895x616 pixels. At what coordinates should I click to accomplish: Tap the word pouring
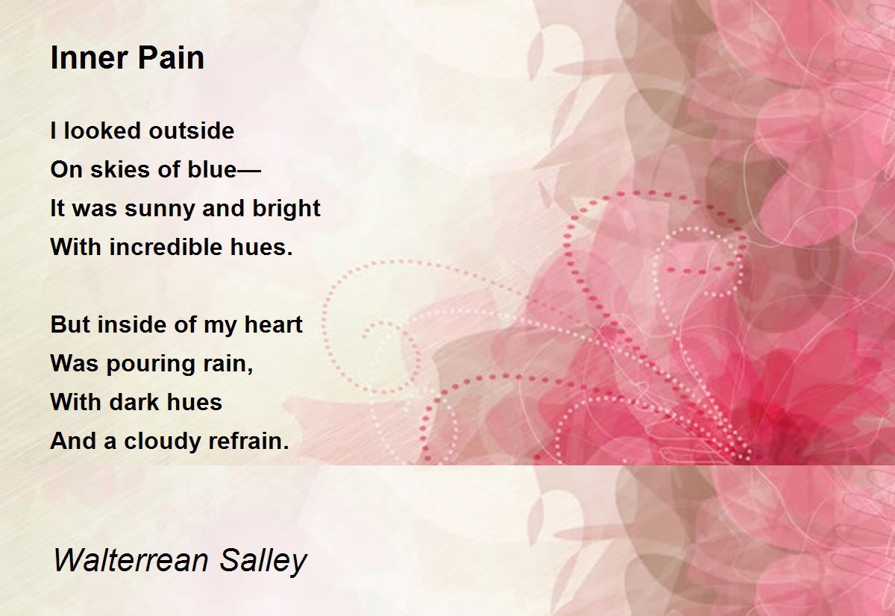point(154,365)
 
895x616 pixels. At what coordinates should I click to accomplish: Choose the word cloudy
point(158,442)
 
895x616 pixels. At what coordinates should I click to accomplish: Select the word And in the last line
point(73,441)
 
